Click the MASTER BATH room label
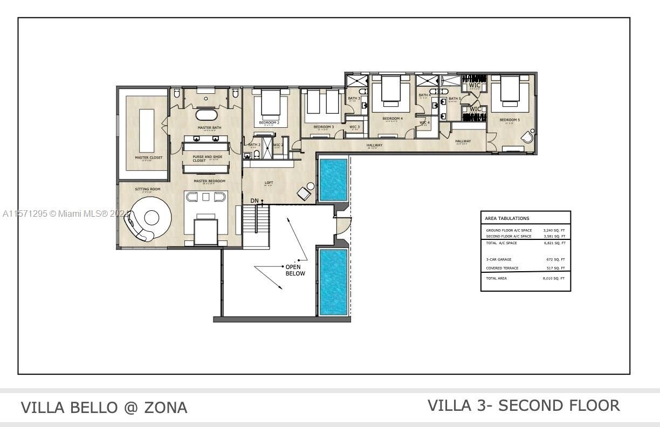pos(209,128)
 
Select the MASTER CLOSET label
pos(148,158)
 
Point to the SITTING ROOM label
pos(147,189)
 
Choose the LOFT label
pos(269,183)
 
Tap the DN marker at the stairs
pos(255,201)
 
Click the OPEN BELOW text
pos(295,270)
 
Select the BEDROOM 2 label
pos(269,123)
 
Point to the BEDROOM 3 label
pos(324,127)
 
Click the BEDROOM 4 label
pos(393,119)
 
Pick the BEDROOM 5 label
pos(510,120)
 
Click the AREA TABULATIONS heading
pos(507,218)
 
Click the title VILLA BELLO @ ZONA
pos(104,408)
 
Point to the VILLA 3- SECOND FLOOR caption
pos(524,405)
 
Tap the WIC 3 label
pos(355,127)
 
